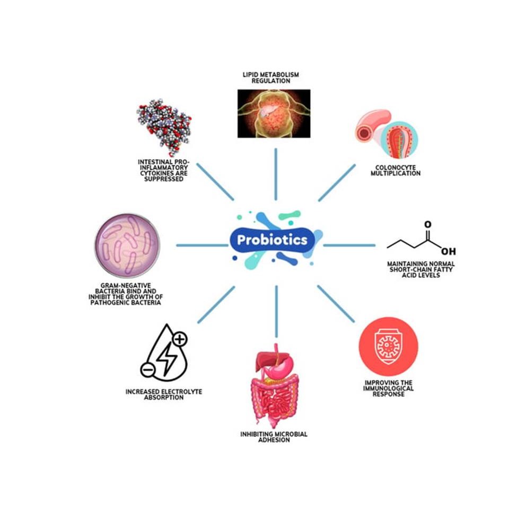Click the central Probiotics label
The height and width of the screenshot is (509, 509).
(x=273, y=240)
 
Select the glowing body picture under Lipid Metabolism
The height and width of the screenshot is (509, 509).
(x=274, y=113)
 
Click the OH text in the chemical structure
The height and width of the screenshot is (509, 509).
(x=447, y=251)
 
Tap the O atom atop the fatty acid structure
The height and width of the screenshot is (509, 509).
(x=427, y=225)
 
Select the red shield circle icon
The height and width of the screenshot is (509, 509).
(x=388, y=347)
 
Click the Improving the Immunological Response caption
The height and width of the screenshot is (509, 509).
(x=389, y=388)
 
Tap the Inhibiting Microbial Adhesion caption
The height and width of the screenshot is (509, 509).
(x=274, y=437)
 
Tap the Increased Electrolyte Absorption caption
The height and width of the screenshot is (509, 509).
(x=164, y=394)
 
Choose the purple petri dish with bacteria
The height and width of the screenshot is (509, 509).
(x=127, y=245)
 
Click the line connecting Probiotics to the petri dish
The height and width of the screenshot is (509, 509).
(x=201, y=245)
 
